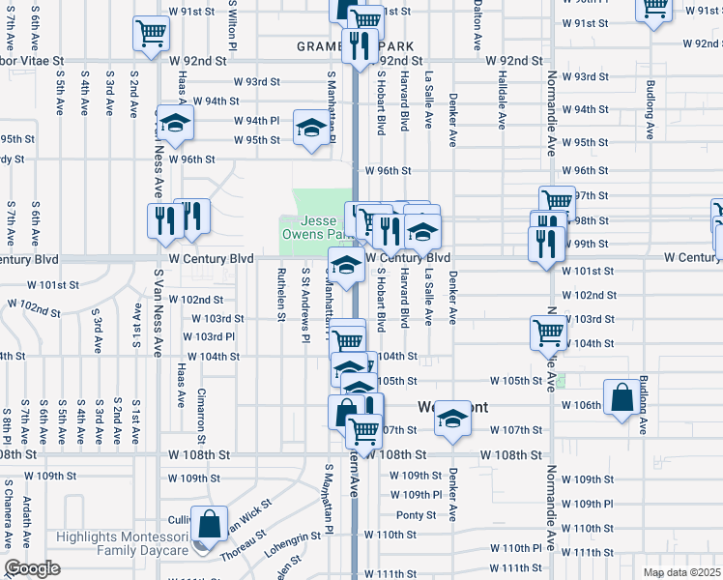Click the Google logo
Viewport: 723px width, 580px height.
tap(32, 568)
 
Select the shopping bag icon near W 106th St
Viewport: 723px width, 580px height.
tap(622, 397)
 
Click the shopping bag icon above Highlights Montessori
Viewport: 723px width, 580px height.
tap(209, 524)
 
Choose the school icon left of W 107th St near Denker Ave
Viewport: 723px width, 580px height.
tap(451, 419)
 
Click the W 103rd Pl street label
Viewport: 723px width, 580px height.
tap(209, 336)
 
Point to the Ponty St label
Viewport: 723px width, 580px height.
tap(417, 515)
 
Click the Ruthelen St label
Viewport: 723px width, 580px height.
tap(281, 294)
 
